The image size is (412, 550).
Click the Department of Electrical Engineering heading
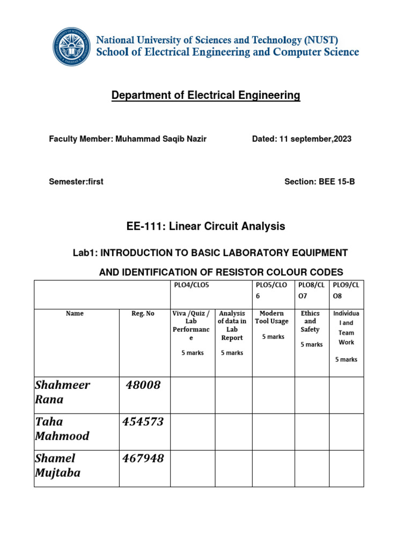(x=205, y=96)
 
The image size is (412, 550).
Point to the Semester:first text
(x=76, y=182)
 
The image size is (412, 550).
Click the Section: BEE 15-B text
(x=319, y=182)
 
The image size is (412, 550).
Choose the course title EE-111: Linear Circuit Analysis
(x=205, y=227)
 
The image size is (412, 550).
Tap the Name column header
(x=75, y=313)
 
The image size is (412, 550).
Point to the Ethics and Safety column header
(x=311, y=321)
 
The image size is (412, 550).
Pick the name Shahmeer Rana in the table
(x=62, y=392)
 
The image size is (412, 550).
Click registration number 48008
(x=143, y=385)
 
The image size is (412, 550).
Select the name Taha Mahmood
(x=62, y=429)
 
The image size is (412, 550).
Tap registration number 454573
(x=143, y=422)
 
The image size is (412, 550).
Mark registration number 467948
(x=143, y=458)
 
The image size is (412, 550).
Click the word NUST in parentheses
(x=321, y=40)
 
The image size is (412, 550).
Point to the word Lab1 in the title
(x=84, y=252)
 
